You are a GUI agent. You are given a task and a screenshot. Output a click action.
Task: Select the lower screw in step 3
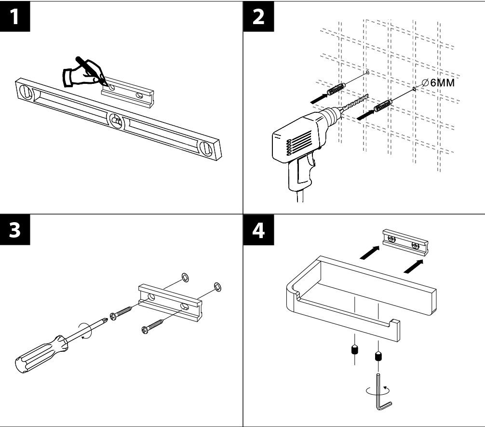(x=153, y=326)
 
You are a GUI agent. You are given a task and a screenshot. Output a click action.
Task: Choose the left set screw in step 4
(x=354, y=350)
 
